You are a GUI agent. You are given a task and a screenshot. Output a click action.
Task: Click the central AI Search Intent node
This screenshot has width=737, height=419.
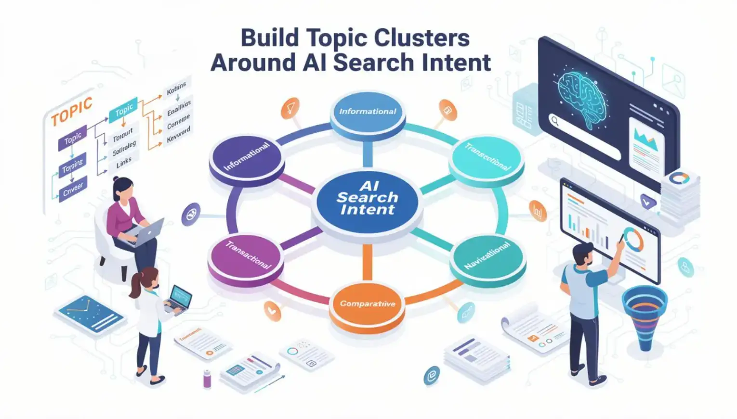click(367, 198)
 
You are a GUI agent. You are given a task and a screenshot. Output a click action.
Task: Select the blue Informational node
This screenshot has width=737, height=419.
click(368, 112)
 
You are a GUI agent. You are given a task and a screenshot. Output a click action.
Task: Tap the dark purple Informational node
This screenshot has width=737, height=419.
click(247, 157)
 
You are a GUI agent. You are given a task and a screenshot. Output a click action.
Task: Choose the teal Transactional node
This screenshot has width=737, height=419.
click(487, 156)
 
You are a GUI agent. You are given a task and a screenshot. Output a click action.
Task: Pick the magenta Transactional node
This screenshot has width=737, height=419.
click(247, 255)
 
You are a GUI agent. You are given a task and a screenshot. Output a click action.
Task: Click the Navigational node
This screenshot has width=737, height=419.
click(487, 255)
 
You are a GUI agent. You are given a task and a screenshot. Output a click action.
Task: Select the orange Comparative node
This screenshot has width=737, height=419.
click(367, 304)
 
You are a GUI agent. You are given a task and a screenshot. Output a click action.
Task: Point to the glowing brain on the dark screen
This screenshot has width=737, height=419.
click(581, 94)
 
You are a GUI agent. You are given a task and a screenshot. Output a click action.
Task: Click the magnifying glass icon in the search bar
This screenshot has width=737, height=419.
click(555, 121)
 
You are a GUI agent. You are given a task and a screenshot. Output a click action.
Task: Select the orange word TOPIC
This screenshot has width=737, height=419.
click(71, 111)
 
